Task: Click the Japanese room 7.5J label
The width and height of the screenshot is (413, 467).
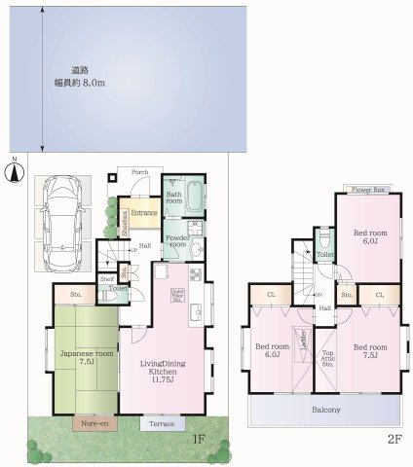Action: click(72, 358)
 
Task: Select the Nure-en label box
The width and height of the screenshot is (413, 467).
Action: click(94, 423)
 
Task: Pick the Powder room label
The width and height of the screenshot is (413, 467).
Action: click(176, 242)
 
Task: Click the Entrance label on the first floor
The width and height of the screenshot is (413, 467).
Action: click(145, 211)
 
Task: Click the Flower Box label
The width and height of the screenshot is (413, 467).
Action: click(368, 189)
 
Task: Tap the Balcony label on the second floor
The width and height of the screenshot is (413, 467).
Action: click(325, 410)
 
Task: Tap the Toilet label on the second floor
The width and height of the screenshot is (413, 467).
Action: click(325, 254)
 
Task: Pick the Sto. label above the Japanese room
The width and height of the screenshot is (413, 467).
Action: click(74, 293)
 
